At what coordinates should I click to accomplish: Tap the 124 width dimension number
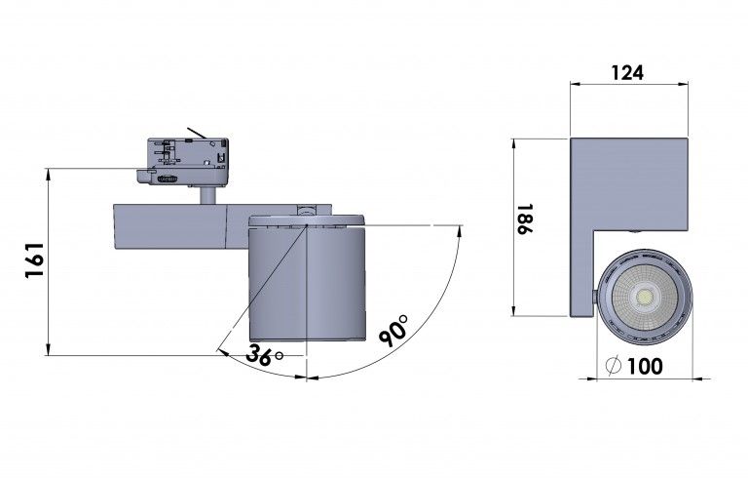pos(629,72)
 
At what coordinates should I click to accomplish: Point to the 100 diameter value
pos(644,367)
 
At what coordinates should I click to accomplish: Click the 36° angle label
pos(260,355)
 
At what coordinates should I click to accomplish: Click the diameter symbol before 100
pos(613,367)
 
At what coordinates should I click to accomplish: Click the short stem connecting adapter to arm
pos(207,195)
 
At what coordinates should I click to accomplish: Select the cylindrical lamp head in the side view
pos(308,282)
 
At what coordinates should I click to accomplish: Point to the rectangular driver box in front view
pos(628,183)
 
